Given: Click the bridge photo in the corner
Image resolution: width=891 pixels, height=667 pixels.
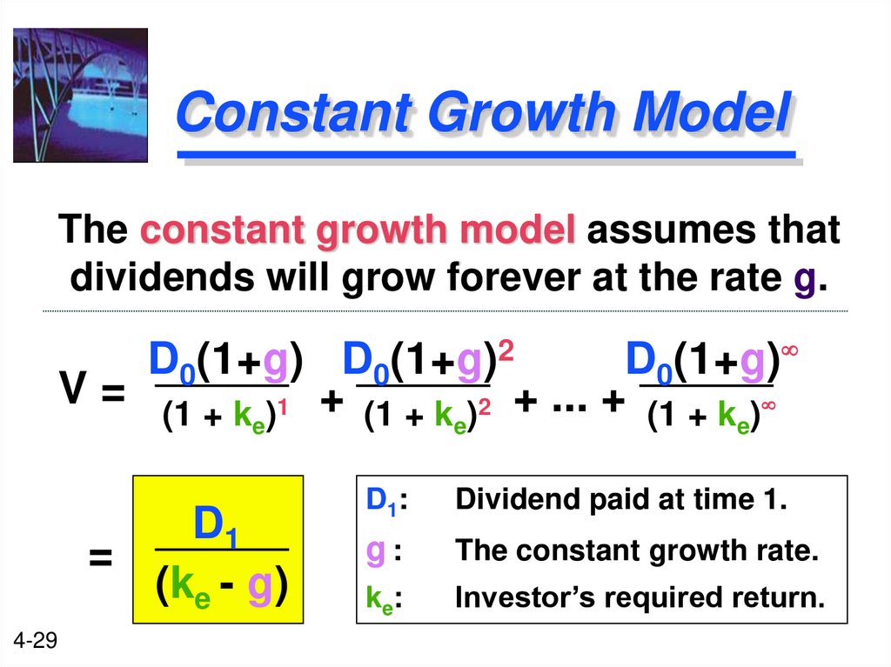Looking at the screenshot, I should [80, 95].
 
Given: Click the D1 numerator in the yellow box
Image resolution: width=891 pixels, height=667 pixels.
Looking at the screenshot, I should [217, 526].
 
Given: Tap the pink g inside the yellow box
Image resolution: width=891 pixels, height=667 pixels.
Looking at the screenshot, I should [259, 589].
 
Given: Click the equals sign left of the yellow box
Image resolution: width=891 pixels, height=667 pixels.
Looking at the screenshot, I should [101, 559].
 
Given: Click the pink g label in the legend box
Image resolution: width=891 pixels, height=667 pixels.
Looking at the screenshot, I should [375, 551].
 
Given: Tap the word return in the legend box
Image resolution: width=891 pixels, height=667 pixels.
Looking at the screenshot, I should [776, 599].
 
